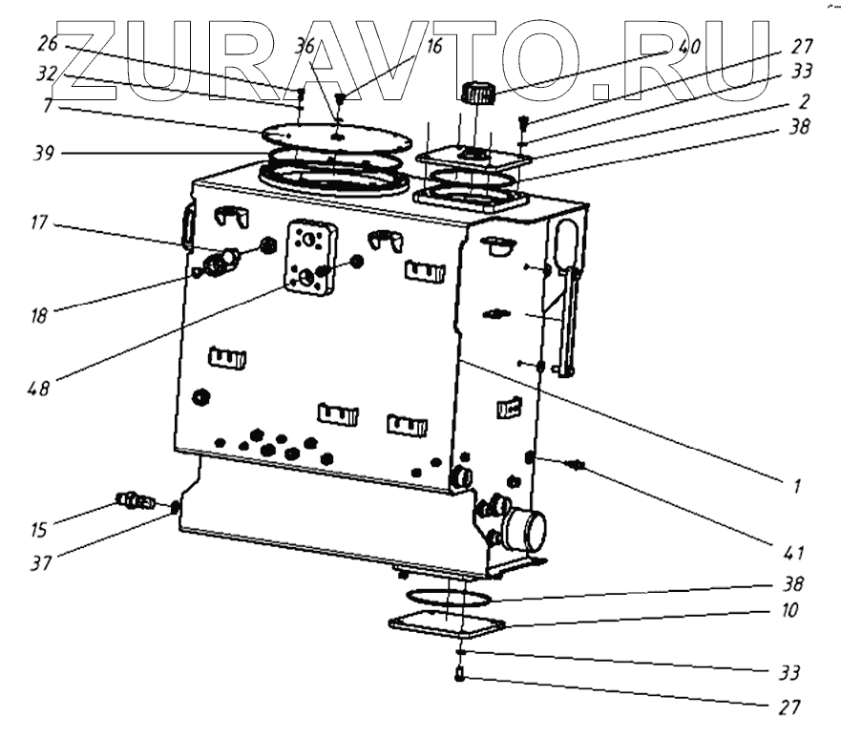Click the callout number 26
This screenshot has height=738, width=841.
pyautogui.click(x=49, y=44)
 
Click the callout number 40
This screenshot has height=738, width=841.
pyautogui.click(x=689, y=46)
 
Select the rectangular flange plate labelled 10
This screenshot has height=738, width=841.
pyautogui.click(x=446, y=624)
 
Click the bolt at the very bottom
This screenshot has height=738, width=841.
pyautogui.click(x=459, y=676)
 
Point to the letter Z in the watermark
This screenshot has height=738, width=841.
pyautogui.click(x=91, y=59)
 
